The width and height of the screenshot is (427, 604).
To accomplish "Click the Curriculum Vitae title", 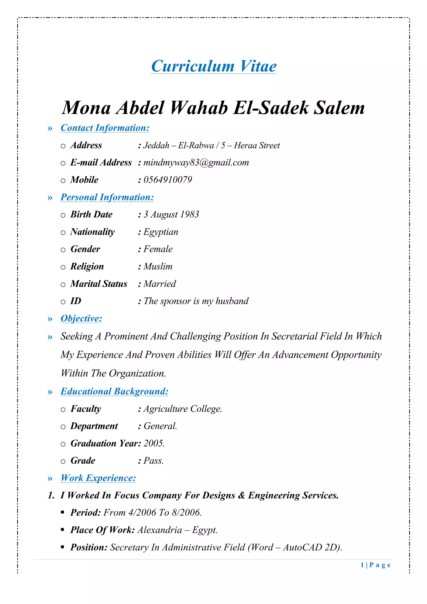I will pos(214,66).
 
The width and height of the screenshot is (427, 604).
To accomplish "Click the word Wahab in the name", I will pos(199,108).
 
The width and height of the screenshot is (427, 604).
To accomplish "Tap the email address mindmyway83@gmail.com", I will pos(196,163).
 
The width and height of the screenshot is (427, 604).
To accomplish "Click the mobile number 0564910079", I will pos(168,180).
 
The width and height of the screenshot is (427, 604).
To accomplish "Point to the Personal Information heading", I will pos(107,197).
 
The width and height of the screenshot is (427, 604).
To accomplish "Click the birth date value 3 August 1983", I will pos(171,214).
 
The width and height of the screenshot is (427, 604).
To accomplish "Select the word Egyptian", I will pos(161,232).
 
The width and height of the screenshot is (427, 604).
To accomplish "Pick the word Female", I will pos(158,249).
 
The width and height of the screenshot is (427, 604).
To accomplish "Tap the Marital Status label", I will pos(99,284).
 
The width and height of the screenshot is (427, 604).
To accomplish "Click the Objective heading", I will pos(81,319).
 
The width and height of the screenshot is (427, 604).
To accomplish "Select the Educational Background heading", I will pos(114,391).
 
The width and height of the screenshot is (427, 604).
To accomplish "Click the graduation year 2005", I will pos(154,444).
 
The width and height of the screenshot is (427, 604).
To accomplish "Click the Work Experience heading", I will pos(98,478).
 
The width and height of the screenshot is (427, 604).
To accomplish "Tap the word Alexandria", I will pos(160,530).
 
